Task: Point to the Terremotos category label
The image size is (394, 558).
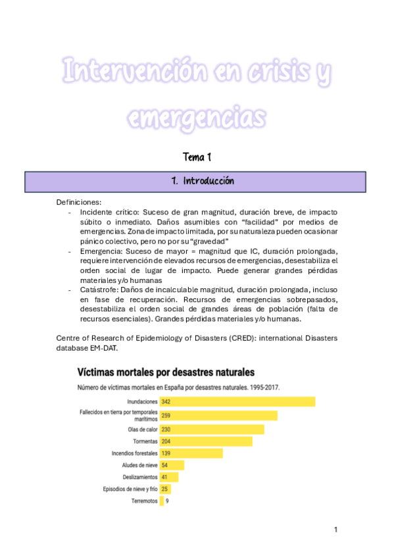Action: point(144,501)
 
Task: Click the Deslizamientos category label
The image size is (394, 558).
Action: point(140,477)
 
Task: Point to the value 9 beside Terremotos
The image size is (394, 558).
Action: point(167,501)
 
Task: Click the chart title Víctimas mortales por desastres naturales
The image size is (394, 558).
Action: point(166,372)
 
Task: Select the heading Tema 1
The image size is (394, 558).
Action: point(197,157)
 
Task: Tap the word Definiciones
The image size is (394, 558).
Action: point(79,202)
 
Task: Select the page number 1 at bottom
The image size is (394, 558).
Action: point(335,530)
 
